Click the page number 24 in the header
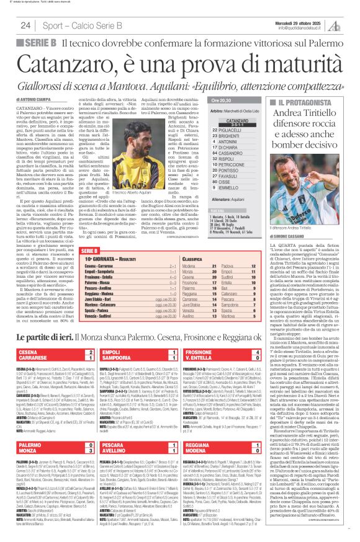[x=25, y=25]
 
